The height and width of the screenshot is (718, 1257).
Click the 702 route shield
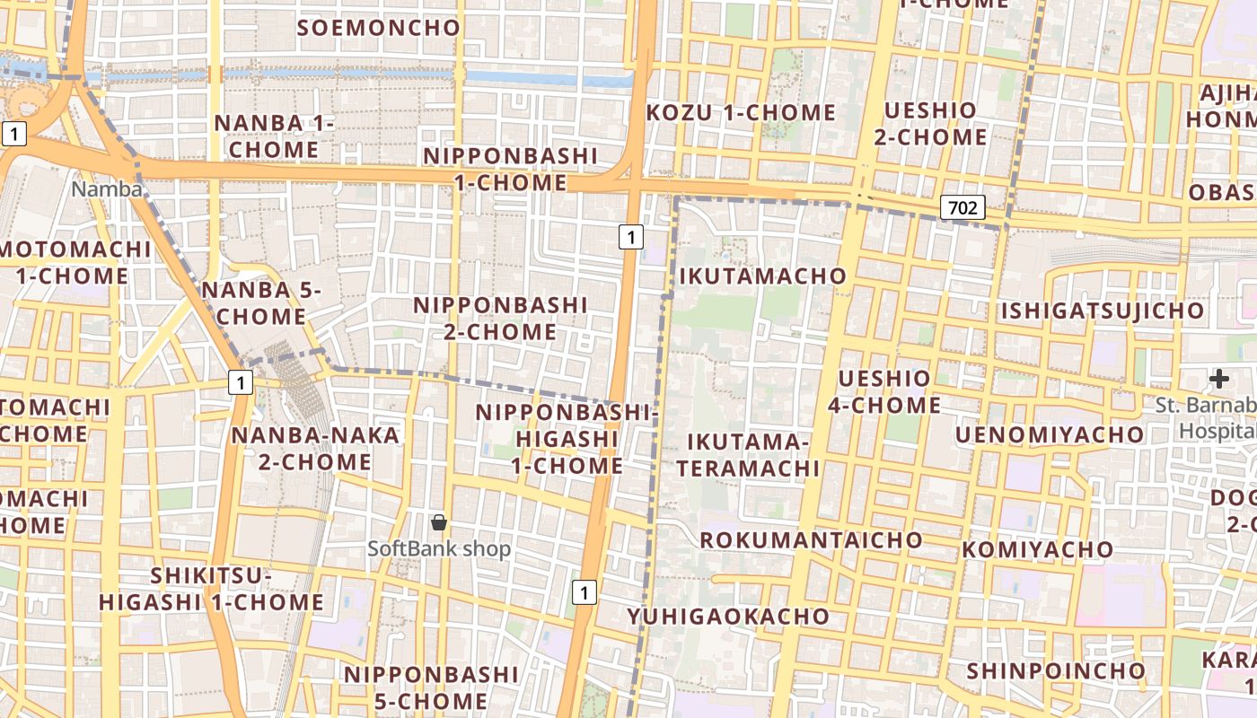click(963, 208)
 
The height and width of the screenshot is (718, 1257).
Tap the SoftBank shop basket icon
click(439, 521)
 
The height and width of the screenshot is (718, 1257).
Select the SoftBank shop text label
click(439, 548)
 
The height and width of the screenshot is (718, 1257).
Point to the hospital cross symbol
click(1218, 379)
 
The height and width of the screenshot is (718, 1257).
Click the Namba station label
click(107, 189)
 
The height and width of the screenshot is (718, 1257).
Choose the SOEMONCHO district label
click(379, 28)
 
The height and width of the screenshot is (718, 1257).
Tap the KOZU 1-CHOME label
click(741, 113)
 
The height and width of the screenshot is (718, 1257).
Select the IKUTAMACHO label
click(763, 276)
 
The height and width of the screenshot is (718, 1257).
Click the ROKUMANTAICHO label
click(811, 539)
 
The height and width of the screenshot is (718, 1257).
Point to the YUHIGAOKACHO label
click(728, 617)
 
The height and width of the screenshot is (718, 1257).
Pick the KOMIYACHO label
click(1025, 549)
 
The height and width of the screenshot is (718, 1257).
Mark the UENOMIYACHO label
click(1050, 435)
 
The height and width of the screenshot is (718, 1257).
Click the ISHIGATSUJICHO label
click(1103, 311)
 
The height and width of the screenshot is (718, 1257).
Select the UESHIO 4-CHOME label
click(884, 391)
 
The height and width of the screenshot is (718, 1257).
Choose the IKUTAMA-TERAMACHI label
click(748, 455)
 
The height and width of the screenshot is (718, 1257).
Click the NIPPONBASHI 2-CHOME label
click(500, 319)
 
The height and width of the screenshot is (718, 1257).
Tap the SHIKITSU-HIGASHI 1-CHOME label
click(211, 589)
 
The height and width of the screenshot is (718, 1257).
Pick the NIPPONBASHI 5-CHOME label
click(431, 687)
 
